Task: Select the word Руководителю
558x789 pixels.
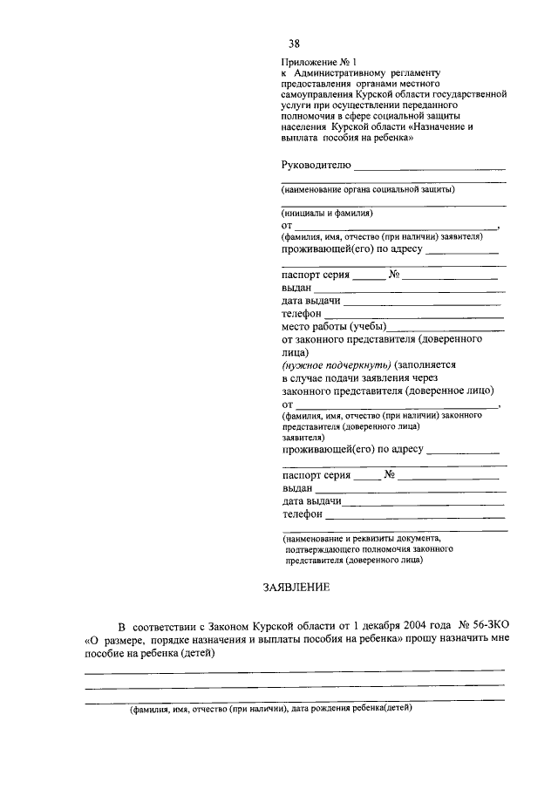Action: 316,164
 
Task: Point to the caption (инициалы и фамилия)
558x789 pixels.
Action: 327,213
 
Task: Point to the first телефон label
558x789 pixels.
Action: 302,313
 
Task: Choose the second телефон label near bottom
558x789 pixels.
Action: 302,514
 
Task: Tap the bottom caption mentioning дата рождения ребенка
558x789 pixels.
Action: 270,709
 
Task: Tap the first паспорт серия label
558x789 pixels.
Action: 315,274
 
